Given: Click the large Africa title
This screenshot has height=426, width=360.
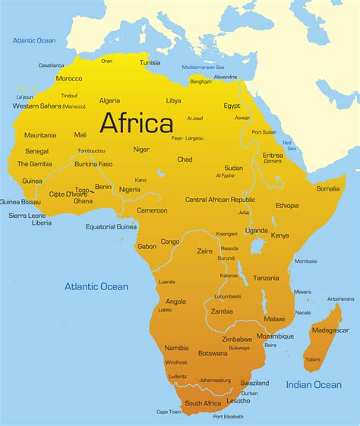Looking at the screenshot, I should coord(137,122).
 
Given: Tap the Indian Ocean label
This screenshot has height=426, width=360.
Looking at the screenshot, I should coord(314,385).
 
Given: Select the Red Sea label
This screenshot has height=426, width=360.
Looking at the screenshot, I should coord(288,144).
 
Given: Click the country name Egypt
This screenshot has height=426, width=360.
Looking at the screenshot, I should coord(232,106).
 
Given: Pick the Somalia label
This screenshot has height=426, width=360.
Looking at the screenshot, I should coord(328,188).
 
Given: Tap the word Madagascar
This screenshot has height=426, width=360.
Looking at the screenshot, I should coord(330,330).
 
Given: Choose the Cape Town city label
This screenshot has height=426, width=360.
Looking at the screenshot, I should coord(169,412).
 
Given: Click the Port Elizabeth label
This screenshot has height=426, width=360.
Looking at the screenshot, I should coord(229,416).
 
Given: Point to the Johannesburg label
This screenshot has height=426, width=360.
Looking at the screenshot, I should coord(215,380).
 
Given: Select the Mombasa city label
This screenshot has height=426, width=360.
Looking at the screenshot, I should coord(305,261).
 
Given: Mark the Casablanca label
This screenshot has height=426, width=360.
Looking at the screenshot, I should coord(51,65).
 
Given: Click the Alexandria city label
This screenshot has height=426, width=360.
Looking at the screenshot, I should coord(225,77).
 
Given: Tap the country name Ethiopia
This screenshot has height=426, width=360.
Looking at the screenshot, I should coord(287,206).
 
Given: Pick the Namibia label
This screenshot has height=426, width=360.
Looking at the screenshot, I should coord(176,347).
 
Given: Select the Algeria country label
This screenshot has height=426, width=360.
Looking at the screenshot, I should coord(109,101).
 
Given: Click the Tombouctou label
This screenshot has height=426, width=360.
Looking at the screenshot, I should coord(91,151).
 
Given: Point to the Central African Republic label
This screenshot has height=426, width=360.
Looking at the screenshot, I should coord(220,200).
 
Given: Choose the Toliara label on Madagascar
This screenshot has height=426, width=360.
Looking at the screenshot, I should coord(312,359).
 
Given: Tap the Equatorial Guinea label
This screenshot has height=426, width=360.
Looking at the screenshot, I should coord(111,226).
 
